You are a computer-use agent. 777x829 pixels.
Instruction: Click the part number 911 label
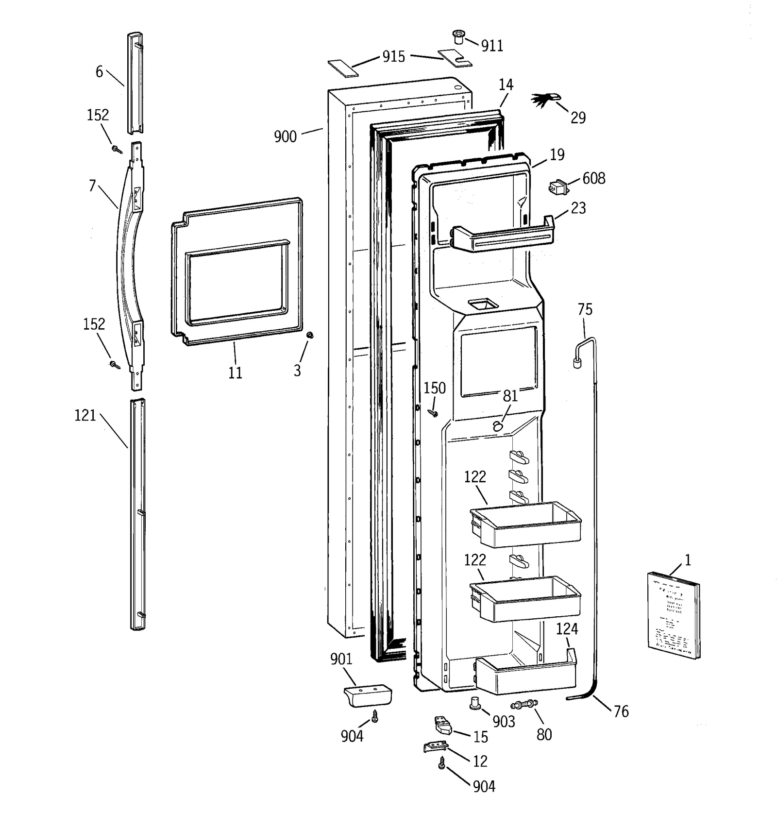coord(492,46)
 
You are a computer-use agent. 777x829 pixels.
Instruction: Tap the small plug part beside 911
coord(458,36)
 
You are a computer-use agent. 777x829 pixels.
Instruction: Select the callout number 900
coord(285,137)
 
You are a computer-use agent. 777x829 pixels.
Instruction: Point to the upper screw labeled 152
coord(117,149)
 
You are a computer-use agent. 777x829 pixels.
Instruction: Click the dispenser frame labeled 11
coord(236,272)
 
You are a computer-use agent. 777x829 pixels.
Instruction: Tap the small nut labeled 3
coord(309,335)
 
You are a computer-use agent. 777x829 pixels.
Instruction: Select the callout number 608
coord(593,179)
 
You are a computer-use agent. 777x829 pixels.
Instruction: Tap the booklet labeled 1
coord(674,614)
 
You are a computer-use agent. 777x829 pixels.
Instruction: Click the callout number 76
coord(621,711)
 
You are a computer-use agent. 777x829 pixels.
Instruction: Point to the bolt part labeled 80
coord(524,704)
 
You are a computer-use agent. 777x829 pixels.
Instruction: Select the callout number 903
coord(504,722)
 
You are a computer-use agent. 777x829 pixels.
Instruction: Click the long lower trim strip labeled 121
coord(137,515)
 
